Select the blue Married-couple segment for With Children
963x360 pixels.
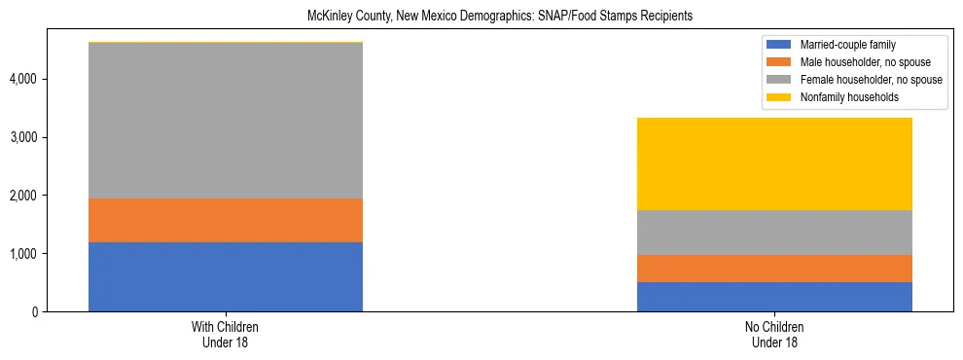click(x=226, y=276)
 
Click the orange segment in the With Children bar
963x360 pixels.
click(x=226, y=220)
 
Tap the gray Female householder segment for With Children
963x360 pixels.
click(x=226, y=121)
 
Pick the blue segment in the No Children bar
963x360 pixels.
click(x=774, y=297)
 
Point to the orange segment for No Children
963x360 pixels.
click(x=774, y=269)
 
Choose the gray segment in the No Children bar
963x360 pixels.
click(x=774, y=233)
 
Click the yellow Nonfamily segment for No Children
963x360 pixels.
click(x=774, y=163)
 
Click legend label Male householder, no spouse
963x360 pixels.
click(x=864, y=62)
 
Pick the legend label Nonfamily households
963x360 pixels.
click(x=850, y=97)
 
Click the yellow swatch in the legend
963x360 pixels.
click(x=779, y=97)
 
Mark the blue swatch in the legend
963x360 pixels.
click(x=779, y=45)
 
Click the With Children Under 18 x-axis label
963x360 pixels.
click(x=226, y=335)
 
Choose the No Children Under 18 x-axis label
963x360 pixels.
click(x=774, y=335)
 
